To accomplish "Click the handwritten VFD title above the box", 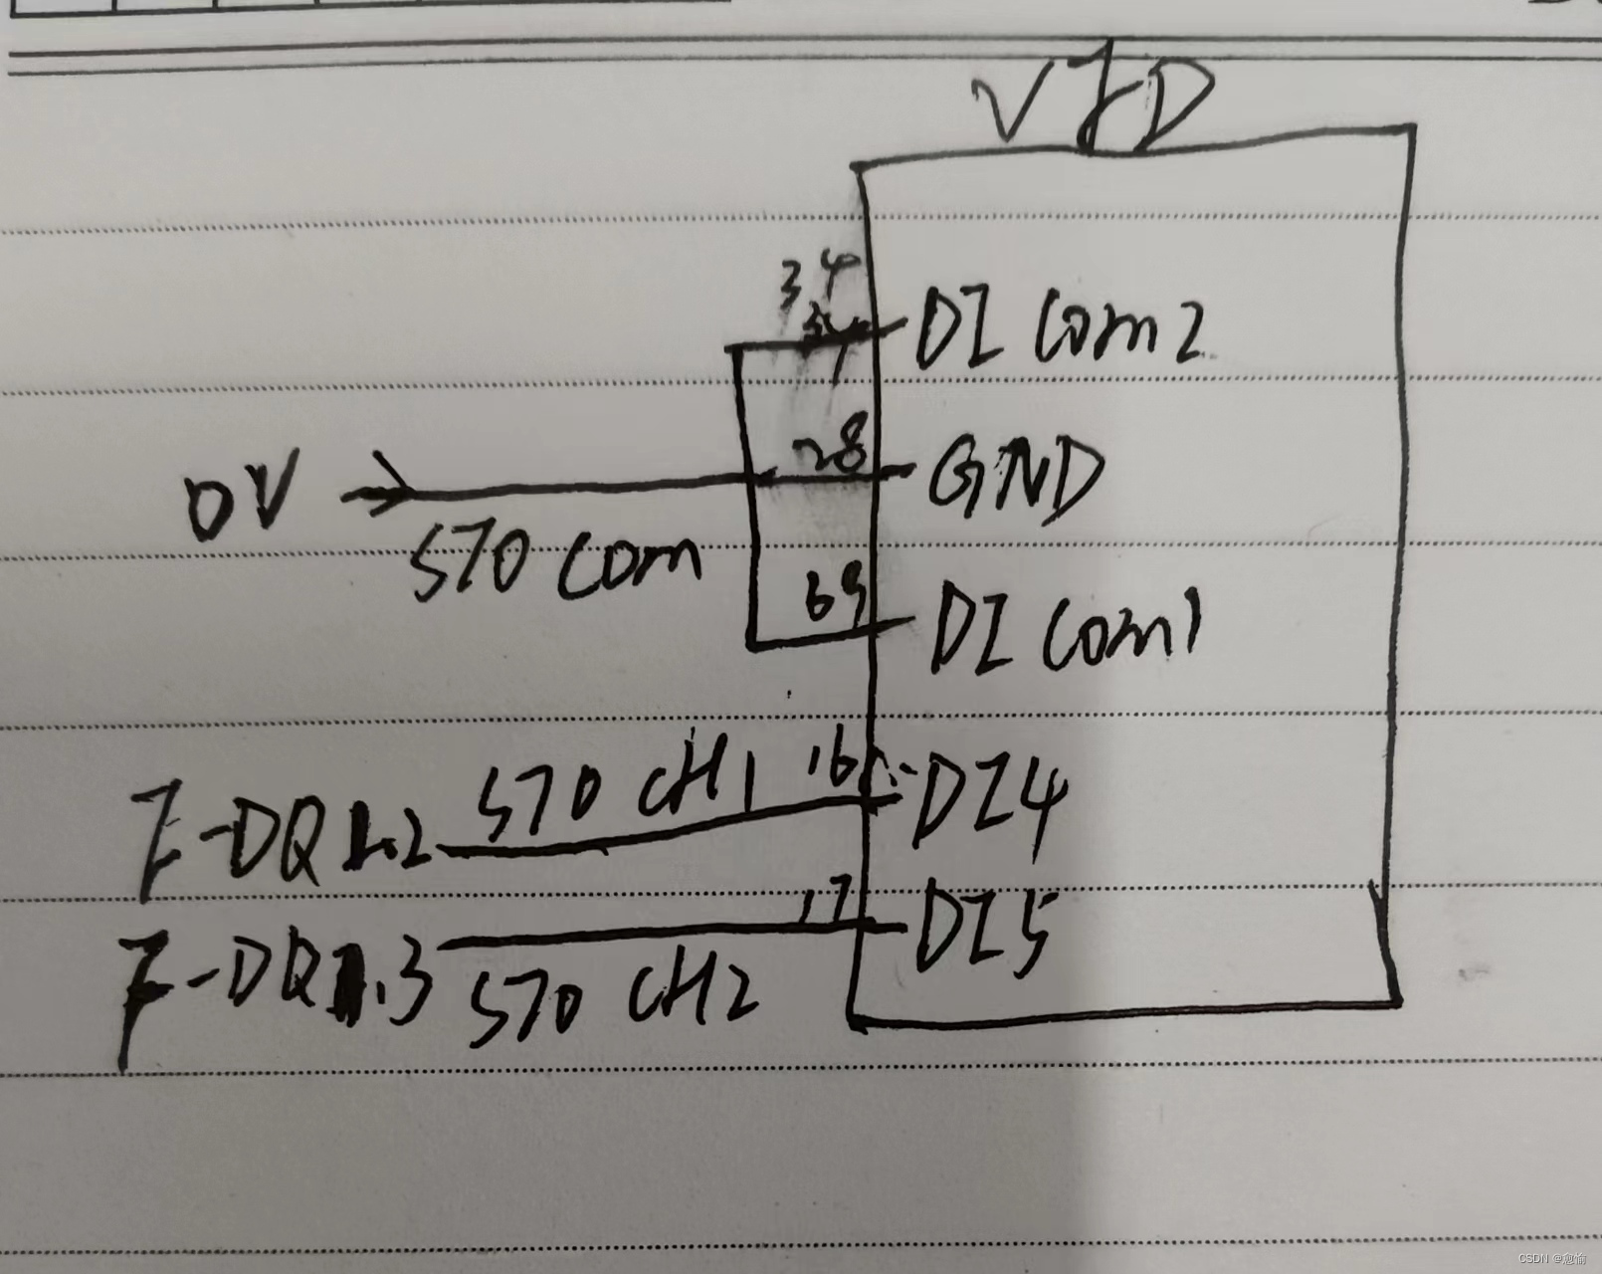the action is tap(1095, 105).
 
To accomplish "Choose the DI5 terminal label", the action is tap(980, 931).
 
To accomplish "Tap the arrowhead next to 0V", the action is tap(383, 488).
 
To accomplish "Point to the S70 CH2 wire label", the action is tap(607, 1000).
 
